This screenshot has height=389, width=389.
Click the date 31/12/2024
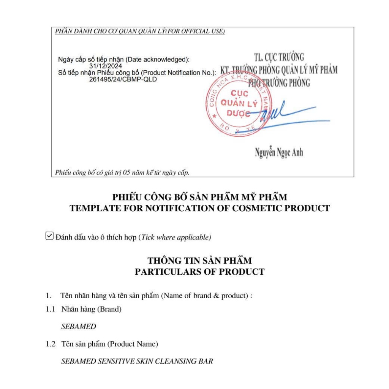(x=106, y=66)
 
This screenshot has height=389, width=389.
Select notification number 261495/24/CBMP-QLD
(x=123, y=79)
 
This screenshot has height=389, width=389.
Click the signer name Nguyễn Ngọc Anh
(x=279, y=153)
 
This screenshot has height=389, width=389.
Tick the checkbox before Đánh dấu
(x=49, y=236)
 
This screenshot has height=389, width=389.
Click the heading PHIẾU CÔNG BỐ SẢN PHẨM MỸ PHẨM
(x=199, y=197)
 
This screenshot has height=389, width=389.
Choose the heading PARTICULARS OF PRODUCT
(x=199, y=272)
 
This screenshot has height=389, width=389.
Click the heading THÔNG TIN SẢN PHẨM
(x=199, y=261)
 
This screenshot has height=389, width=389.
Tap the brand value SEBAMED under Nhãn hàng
(x=79, y=326)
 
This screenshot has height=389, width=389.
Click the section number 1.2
(x=51, y=344)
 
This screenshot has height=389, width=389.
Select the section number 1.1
(x=51, y=309)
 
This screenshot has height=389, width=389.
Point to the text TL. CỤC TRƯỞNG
(x=279, y=57)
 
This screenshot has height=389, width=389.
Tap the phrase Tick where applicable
(x=175, y=237)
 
